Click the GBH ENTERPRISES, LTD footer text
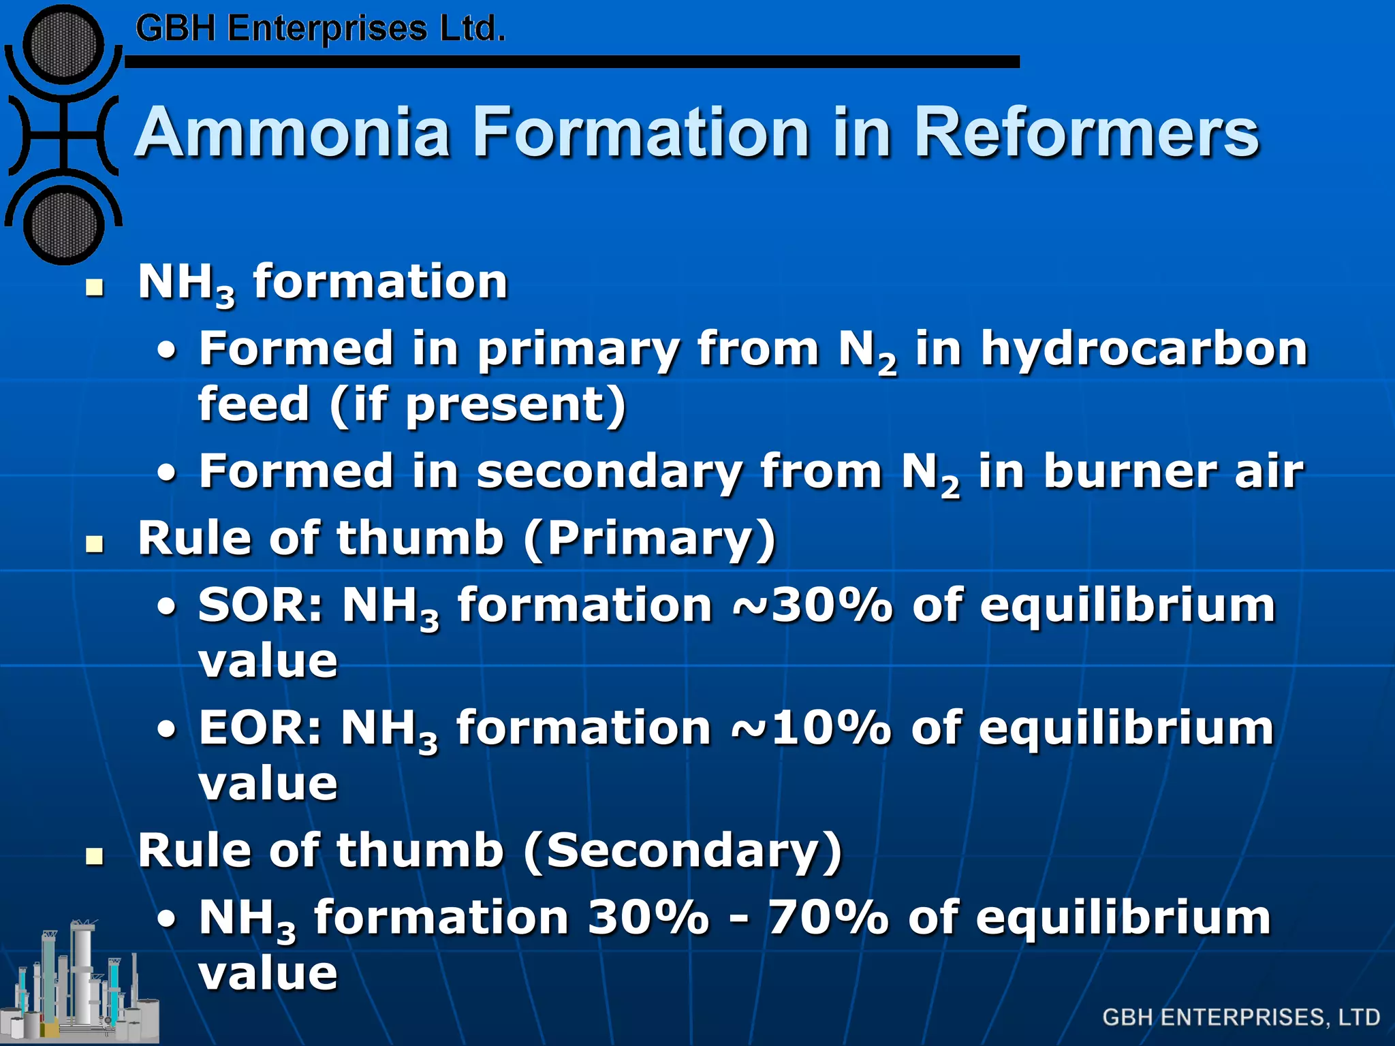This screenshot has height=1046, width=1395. point(1241,1017)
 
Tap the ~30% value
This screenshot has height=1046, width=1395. point(813,605)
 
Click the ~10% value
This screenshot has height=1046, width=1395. point(811,728)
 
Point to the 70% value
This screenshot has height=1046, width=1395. point(828,917)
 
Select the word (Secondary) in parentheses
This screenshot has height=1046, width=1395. point(683,851)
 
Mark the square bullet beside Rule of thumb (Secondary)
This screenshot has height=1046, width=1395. point(95,856)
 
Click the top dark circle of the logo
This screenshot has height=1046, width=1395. point(64,45)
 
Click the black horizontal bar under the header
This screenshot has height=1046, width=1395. point(572,62)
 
